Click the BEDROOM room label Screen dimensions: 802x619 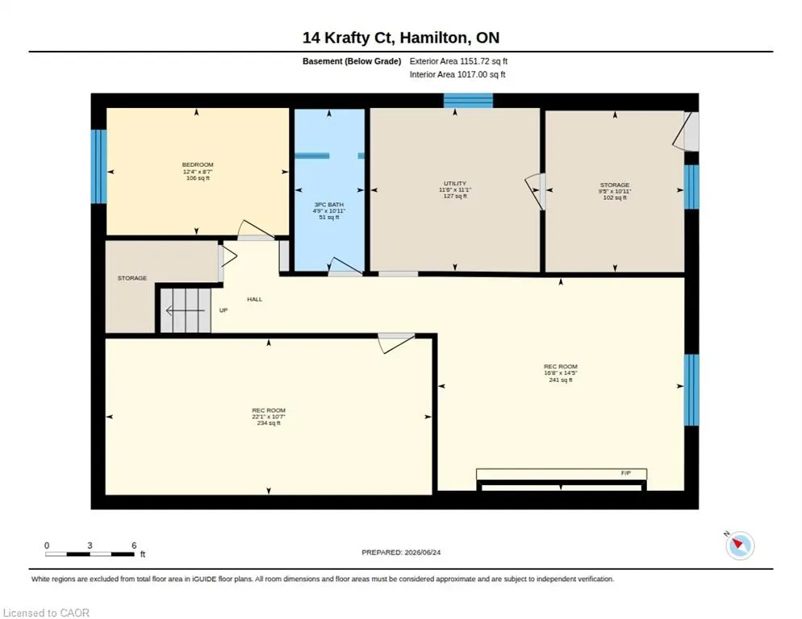coord(198,164)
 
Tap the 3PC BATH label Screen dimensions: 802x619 coord(329,205)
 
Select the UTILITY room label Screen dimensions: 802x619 coord(455,184)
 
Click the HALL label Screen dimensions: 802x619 coord(255,300)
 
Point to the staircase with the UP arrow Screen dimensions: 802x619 coord(185,310)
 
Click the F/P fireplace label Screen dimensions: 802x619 coord(626,473)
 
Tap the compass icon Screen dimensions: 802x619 coord(740,545)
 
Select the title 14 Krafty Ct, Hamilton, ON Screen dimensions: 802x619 coord(401,38)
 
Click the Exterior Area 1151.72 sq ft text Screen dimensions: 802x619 coord(458,61)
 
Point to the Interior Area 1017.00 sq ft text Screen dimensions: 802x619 coord(457,75)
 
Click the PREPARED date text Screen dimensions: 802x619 coord(401,552)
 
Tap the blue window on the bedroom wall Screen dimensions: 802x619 coord(98,166)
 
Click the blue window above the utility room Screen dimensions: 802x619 coord(468,100)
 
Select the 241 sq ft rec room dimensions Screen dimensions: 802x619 coord(561,373)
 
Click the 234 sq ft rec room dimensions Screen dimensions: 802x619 coord(269,417)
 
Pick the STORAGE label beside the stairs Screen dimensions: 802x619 coord(132,278)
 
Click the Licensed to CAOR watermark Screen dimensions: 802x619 coord(46,613)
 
